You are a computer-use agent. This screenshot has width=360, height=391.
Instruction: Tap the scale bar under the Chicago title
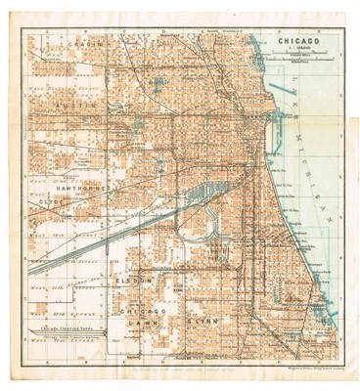pyautogui.click(x=298, y=61)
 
